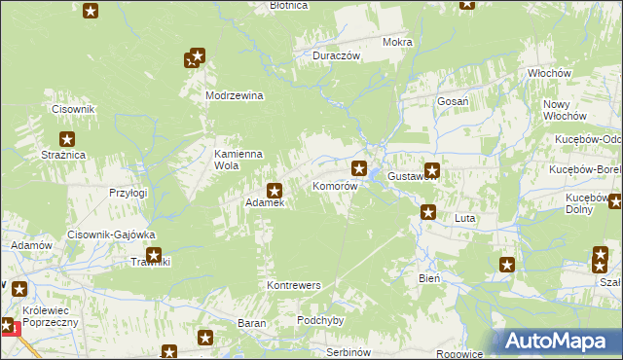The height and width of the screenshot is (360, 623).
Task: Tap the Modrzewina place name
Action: click(x=235, y=95)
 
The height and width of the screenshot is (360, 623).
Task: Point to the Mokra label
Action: click(x=397, y=43)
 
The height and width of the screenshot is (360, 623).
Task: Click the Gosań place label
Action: click(x=454, y=101)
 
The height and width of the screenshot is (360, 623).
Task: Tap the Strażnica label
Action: click(x=64, y=155)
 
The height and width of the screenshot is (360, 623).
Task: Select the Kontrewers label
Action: click(x=293, y=285)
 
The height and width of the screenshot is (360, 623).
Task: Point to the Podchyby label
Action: click(x=322, y=320)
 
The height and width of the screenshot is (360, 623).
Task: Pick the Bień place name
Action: click(x=429, y=277)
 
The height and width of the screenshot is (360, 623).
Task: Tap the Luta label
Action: click(x=464, y=219)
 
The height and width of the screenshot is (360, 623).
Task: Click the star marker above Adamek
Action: click(x=275, y=191)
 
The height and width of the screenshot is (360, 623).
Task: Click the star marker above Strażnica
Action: click(x=67, y=139)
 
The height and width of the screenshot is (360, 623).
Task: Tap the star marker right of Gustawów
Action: click(x=432, y=170)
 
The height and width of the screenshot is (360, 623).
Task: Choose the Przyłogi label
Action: click(x=128, y=193)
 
